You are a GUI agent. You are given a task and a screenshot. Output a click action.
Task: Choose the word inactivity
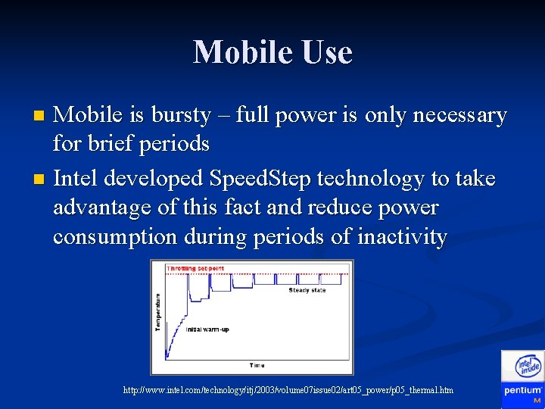coord(402,237)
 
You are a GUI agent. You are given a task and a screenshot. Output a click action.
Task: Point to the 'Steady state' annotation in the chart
coord(308,290)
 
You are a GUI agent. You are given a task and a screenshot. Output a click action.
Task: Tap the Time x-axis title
coord(257,365)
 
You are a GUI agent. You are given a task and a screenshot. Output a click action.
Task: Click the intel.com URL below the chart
coord(288,389)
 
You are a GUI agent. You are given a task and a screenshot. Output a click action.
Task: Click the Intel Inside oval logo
coord(528,367)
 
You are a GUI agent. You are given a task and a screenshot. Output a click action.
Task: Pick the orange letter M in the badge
coord(537,400)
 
